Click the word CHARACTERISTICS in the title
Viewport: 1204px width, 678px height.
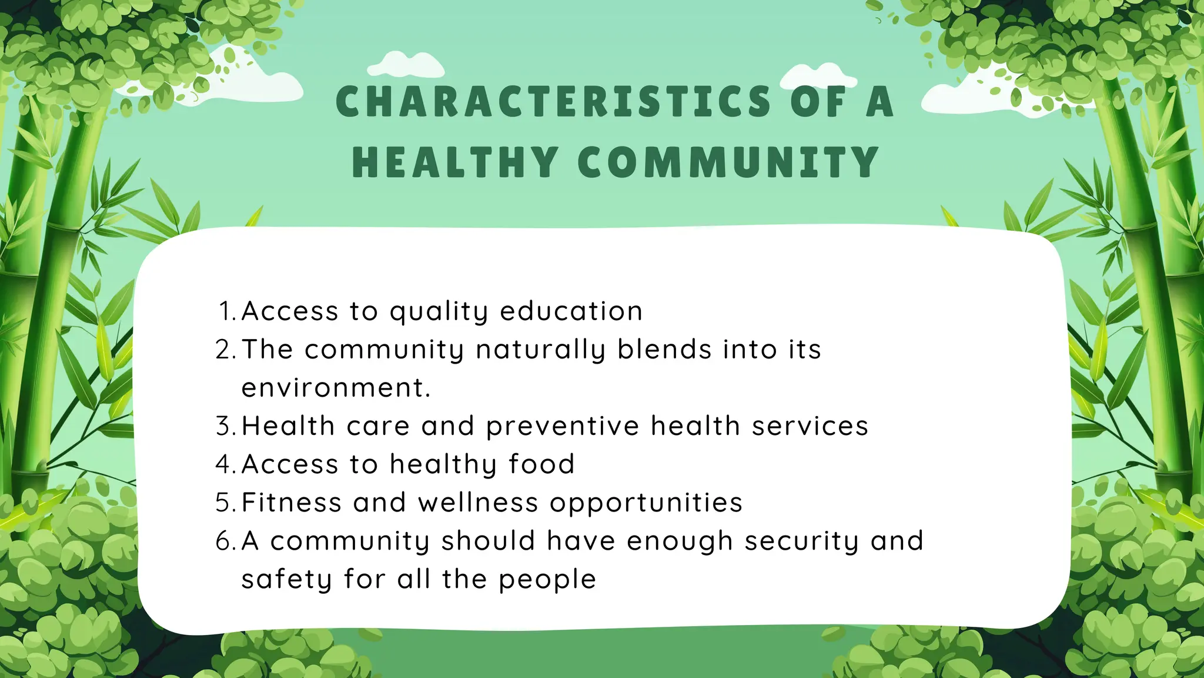tap(553, 102)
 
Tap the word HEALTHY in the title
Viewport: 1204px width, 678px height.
tap(455, 162)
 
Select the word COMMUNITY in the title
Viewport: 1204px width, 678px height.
tap(728, 162)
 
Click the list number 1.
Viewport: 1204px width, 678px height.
tap(226, 311)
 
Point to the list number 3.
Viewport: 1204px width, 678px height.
tap(225, 426)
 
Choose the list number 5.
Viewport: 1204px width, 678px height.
tap(225, 503)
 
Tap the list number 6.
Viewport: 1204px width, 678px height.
tap(225, 541)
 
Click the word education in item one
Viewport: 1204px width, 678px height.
tap(571, 311)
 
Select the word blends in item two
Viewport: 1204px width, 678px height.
tap(664, 350)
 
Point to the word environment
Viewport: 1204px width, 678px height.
tap(336, 388)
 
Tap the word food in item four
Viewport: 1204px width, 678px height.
tap(541, 464)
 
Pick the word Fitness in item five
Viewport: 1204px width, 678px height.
tap(292, 503)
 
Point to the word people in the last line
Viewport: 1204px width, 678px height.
tap(547, 580)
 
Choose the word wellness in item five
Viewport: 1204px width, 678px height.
tap(478, 503)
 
